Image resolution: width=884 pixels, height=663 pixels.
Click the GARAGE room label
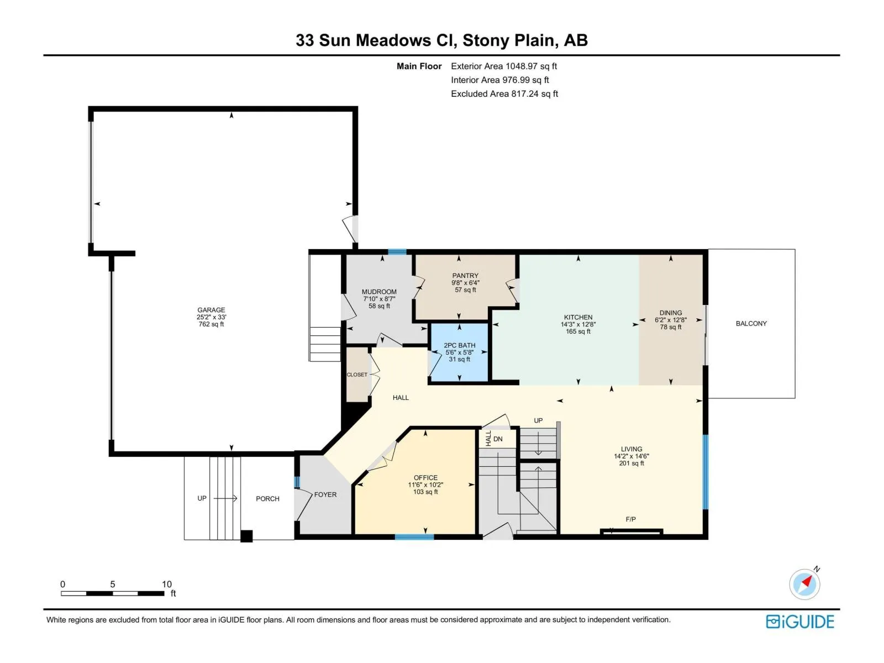(211, 310)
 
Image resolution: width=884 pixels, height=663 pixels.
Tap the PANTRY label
(465, 276)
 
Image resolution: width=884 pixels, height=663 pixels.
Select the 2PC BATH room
(460, 352)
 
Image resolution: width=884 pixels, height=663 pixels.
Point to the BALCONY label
(751, 323)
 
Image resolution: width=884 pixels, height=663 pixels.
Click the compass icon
(804, 583)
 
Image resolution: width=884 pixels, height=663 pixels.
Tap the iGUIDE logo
(800, 622)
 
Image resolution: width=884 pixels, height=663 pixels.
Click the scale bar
(113, 593)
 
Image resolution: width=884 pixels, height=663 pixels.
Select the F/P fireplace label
(631, 519)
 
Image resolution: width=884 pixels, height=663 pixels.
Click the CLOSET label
(357, 375)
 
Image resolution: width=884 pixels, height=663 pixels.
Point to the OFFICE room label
(425, 478)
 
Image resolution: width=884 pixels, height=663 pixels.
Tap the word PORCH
(267, 499)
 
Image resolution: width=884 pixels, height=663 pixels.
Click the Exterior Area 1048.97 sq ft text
(504, 66)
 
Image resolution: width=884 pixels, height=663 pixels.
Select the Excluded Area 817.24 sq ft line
(504, 94)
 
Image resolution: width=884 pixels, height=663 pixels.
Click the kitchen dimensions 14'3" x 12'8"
(578, 324)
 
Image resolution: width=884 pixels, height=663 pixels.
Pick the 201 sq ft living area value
(631, 464)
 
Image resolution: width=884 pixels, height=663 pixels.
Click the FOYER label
(325, 494)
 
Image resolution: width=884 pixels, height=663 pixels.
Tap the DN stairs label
(498, 439)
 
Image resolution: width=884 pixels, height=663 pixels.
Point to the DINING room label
(671, 313)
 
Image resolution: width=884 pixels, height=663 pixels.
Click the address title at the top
(441, 40)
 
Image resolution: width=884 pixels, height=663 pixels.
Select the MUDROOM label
(379, 292)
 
